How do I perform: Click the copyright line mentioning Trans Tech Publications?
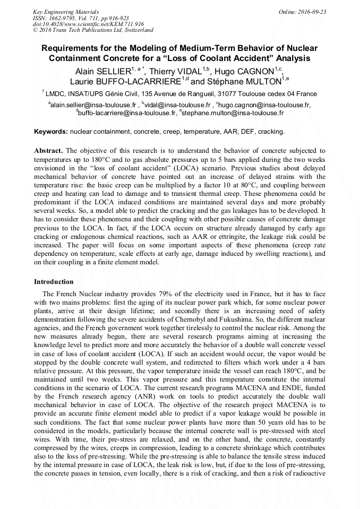point(93,30)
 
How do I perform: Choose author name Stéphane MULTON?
point(245,82)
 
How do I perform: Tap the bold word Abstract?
point(49,151)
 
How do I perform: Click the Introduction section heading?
point(54,282)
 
